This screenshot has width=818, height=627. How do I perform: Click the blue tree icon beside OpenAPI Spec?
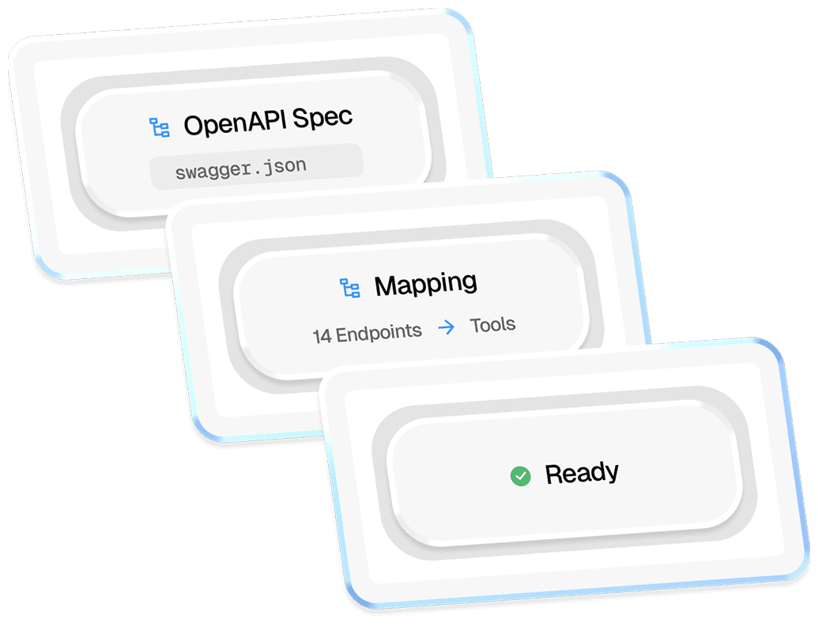pos(160,127)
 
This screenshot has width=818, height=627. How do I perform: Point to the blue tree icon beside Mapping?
pos(349,288)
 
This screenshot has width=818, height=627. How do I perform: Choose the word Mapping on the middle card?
pos(425,285)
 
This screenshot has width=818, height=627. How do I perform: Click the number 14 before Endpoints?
pos(322,335)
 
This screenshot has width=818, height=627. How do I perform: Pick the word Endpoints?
pos(379,332)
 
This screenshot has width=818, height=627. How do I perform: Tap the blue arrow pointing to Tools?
pos(447,327)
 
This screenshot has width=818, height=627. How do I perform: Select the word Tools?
pos(492,324)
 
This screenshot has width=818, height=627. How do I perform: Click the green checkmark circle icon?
pos(520,476)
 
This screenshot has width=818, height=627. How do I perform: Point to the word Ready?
pos(582,474)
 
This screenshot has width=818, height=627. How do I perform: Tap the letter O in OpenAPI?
pos(194,125)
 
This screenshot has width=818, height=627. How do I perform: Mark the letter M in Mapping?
pos(386,286)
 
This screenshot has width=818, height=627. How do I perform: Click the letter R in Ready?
pos(554,475)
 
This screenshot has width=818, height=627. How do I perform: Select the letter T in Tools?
pos(475,325)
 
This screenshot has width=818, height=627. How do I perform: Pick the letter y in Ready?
pos(611,474)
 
